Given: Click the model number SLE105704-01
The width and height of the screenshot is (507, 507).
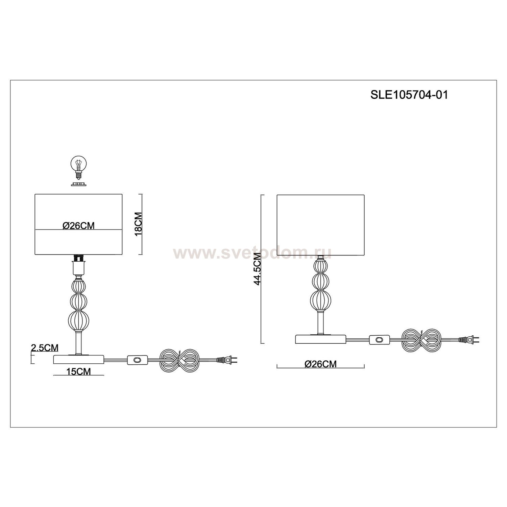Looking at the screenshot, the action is coord(409,95).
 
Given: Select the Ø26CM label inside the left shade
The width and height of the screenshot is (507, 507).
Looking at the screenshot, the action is coord(78,226).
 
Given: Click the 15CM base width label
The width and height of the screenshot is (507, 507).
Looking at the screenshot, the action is coord(79,371).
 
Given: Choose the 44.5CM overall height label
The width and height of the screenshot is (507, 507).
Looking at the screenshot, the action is coord(258,271).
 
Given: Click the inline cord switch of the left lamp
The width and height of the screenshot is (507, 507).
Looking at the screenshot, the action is coord(137,361).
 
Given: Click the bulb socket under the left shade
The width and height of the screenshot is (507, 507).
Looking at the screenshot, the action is coord(78,264).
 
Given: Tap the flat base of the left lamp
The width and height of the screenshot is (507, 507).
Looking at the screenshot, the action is coord(79,359).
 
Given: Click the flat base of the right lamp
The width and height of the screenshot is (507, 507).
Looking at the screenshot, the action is coord(321,339).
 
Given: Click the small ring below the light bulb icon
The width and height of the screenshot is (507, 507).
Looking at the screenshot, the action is coord(78,184).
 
